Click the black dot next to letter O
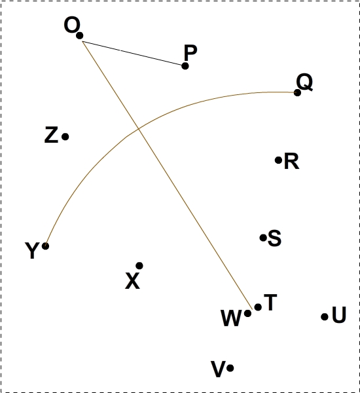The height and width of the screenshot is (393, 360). [x=80, y=35]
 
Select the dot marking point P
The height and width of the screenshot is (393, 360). [x=185, y=66]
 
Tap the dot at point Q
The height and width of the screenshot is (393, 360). [x=297, y=93]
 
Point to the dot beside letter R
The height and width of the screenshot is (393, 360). [x=279, y=160]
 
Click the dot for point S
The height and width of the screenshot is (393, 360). [x=263, y=238]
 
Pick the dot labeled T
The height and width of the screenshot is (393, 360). [x=258, y=307]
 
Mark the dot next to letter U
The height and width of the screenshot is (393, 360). [x=325, y=317]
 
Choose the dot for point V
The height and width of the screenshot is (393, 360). [x=230, y=368]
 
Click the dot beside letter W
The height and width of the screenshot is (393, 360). [x=248, y=313]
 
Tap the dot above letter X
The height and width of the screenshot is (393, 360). [x=139, y=266]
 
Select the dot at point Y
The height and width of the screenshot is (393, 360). [x=45, y=246]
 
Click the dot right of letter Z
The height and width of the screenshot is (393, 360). [x=65, y=137]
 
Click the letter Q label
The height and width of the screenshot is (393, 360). [x=304, y=82]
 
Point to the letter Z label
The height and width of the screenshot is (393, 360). [x=51, y=135]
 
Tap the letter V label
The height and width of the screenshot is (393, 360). [x=218, y=369]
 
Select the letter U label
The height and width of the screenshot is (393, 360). [x=339, y=314]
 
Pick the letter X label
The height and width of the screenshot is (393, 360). [x=132, y=281]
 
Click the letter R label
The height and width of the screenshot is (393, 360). [x=292, y=161]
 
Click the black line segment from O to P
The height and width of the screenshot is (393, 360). [x=133, y=53]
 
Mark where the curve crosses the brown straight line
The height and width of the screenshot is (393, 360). [x=139, y=129]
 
